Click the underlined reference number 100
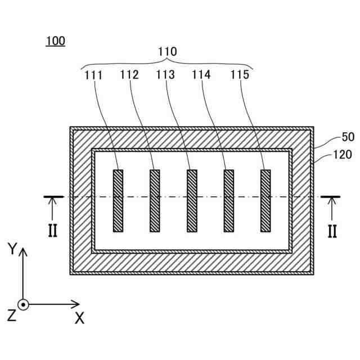(x=56, y=41)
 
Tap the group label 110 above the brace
(x=166, y=52)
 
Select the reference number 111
(x=94, y=74)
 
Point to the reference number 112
(x=130, y=74)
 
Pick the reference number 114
(x=202, y=74)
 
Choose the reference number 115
(x=239, y=74)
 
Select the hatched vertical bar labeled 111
(x=118, y=201)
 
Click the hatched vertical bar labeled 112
(x=155, y=201)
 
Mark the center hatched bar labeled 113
(x=192, y=201)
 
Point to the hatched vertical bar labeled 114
(x=229, y=201)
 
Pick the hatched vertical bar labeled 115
(x=265, y=201)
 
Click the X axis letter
(x=79, y=318)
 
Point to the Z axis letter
(x=11, y=316)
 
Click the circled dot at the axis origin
(x=23, y=304)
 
